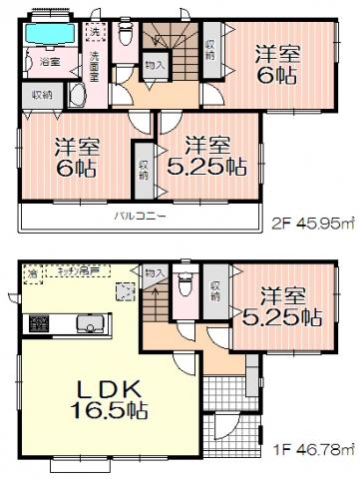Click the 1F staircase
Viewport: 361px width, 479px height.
(x=156, y=299)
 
